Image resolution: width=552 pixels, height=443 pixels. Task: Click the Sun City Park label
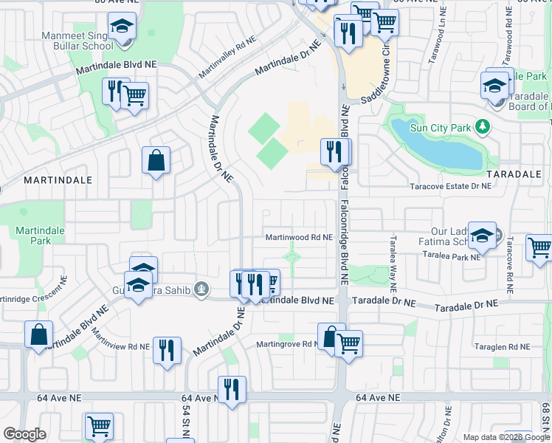click(441, 128)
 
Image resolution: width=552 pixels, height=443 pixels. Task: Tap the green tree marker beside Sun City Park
click(483, 127)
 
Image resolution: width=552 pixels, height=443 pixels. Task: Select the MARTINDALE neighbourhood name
click(58, 179)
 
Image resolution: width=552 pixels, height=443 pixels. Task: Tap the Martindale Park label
click(41, 236)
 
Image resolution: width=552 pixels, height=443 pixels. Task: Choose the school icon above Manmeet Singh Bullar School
click(121, 27)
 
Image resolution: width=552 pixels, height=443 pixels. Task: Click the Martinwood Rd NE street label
click(300, 238)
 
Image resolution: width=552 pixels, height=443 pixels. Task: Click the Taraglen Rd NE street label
click(502, 346)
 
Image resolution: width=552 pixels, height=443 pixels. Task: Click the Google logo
click(25, 434)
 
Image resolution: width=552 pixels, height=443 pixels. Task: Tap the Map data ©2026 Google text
click(506, 437)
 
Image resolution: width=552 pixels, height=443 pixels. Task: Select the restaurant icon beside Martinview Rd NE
click(167, 349)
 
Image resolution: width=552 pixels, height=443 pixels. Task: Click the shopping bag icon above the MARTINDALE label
click(156, 160)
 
